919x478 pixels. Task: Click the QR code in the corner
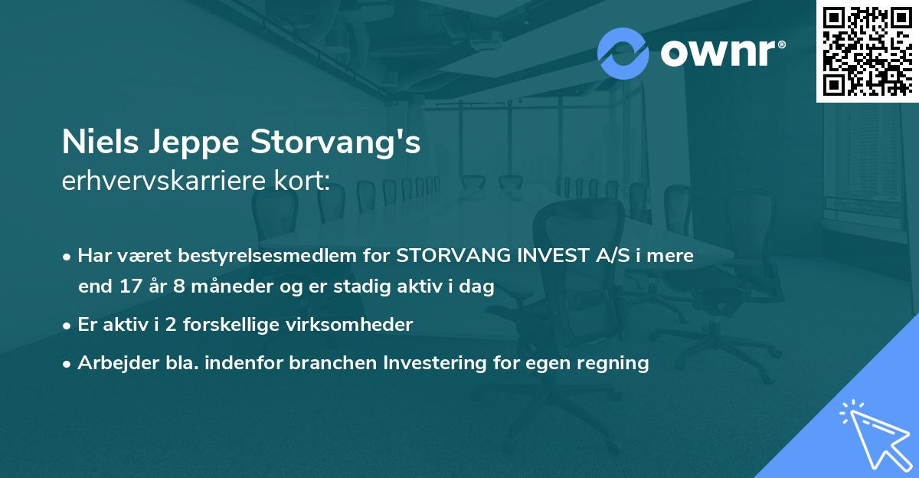tap(867, 51)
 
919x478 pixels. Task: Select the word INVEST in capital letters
tap(548, 256)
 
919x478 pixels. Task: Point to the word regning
tap(617, 363)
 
